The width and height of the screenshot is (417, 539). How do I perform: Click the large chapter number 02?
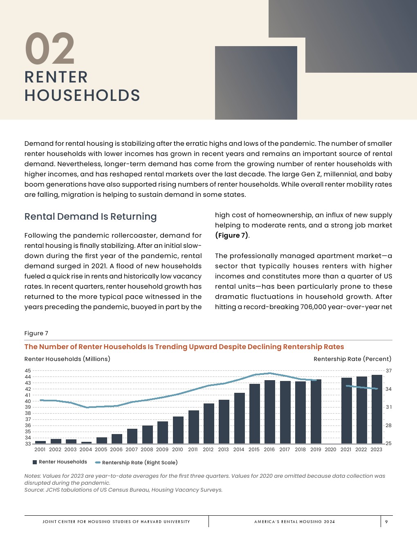pos(50,49)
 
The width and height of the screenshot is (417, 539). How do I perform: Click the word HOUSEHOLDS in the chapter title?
pos(82,96)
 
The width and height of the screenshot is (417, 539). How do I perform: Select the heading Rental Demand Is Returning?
pos(90,216)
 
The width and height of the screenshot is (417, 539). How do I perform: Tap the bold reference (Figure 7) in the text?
pos(232,235)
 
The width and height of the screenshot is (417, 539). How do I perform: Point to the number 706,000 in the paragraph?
pos(313,307)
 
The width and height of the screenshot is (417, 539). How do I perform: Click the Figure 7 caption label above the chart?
pos(36,333)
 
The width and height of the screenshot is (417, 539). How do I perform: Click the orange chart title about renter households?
pos(184,347)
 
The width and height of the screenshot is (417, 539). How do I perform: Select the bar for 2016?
pos(269,412)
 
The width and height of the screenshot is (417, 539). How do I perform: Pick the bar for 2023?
pos(377,409)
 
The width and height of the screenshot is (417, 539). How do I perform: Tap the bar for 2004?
pos(86,442)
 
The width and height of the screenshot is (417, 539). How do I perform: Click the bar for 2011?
pos(193,427)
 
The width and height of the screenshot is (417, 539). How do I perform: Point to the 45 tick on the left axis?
pos(28,371)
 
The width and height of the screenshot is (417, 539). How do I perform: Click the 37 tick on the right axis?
pos(389,371)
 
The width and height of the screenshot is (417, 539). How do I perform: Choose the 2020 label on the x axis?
pos(330,450)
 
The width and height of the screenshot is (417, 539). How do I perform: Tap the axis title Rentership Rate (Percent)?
pos(352,359)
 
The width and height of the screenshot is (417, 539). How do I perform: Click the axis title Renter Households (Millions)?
pos(67,359)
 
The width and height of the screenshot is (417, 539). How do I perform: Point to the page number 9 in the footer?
pos(386,521)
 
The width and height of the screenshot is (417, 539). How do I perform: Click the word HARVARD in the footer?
pos(151,521)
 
